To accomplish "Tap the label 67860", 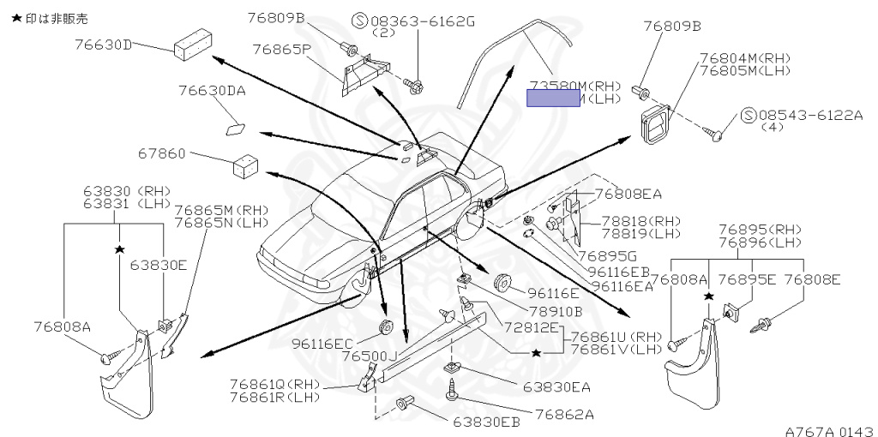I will point(162,154).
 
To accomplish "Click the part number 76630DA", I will point(212,90).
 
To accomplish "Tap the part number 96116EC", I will point(322,344).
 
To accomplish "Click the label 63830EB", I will point(486,422).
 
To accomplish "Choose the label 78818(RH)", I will point(640,220).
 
